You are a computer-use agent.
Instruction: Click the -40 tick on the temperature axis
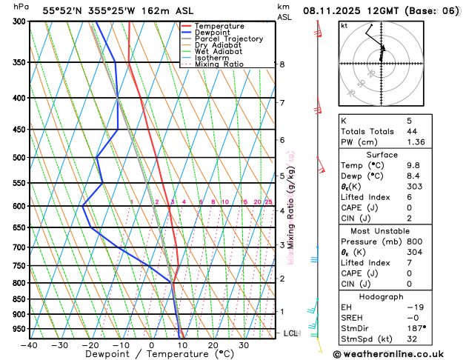click(29, 345)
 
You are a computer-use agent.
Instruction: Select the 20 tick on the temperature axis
click(213, 345)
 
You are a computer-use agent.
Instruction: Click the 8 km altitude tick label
click(282, 64)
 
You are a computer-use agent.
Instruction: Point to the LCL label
click(290, 333)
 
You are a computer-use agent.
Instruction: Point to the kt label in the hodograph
click(344, 26)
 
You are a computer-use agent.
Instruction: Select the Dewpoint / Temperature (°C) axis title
click(152, 355)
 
